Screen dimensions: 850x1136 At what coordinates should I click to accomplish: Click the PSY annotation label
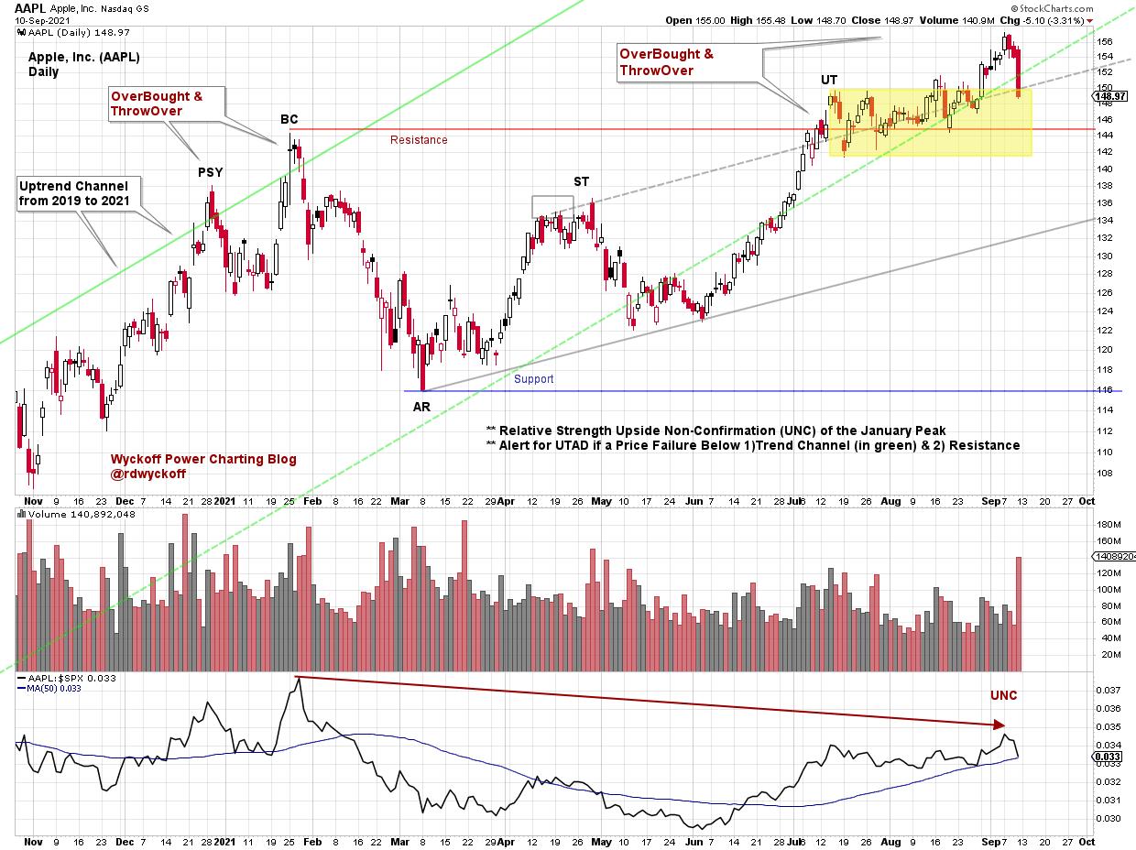(x=210, y=171)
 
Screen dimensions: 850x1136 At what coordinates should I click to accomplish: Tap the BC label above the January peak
(x=289, y=119)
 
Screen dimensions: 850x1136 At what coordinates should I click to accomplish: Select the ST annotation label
(x=582, y=181)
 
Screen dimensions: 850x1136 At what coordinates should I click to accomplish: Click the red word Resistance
(x=419, y=140)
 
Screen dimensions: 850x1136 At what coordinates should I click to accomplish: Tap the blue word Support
(x=533, y=378)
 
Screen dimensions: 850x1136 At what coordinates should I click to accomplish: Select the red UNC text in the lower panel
(x=1003, y=696)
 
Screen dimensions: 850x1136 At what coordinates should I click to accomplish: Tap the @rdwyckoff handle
(x=147, y=474)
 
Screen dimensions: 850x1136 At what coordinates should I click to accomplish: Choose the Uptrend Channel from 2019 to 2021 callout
(x=73, y=193)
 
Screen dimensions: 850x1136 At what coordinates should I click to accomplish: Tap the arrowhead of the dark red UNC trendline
(x=1001, y=725)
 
